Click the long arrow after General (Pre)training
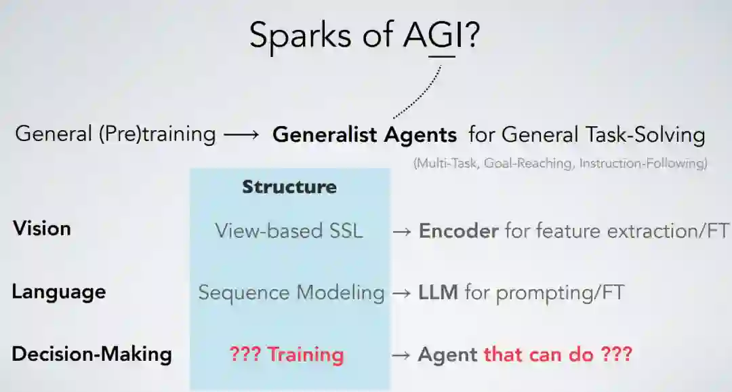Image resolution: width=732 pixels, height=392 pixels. pos(241,134)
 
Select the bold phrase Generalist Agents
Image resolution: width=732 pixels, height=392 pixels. pos(365,134)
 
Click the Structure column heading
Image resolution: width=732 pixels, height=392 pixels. pos(289,187)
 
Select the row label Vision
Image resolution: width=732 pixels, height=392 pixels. pos(41,229)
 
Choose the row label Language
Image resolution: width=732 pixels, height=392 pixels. pos(59,292)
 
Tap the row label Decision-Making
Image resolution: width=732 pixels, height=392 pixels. pos(91,354)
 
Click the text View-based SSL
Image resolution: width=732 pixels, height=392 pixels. pos(289,231)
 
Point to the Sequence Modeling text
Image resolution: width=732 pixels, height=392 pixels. pos(291,292)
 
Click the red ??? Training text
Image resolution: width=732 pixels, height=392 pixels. pos(287,354)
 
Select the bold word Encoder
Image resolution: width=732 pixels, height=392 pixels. pos(459,231)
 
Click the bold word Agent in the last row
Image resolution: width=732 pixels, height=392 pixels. pos(447,354)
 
